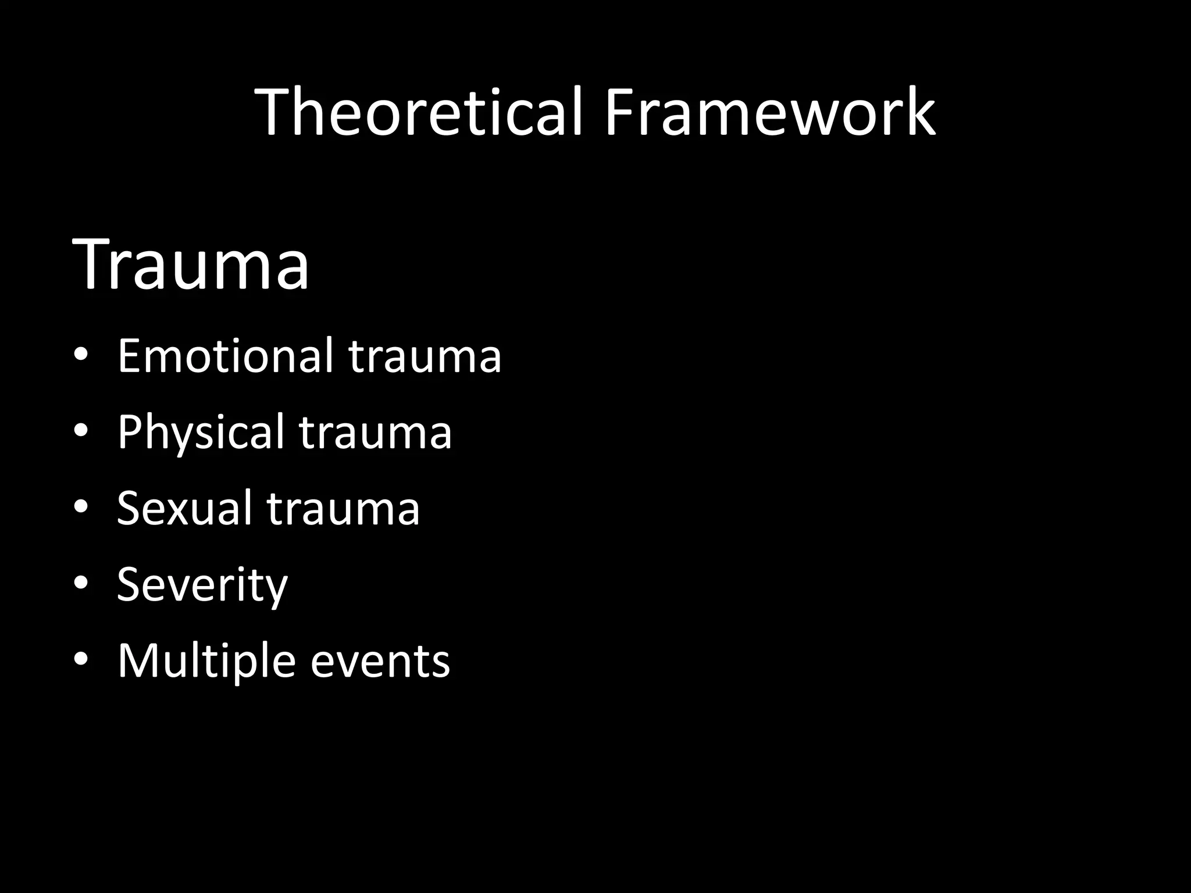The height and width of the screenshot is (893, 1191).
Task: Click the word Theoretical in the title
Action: coord(419,112)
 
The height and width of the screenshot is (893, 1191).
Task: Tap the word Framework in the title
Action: coord(769,112)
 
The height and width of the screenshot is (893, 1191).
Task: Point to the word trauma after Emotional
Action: coord(425,356)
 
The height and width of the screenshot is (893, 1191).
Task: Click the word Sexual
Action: coord(184,508)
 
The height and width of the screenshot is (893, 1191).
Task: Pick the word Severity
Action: coord(202,584)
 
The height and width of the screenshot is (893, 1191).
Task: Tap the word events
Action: coord(380,662)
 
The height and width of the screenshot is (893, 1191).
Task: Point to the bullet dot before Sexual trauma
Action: coord(81,507)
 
